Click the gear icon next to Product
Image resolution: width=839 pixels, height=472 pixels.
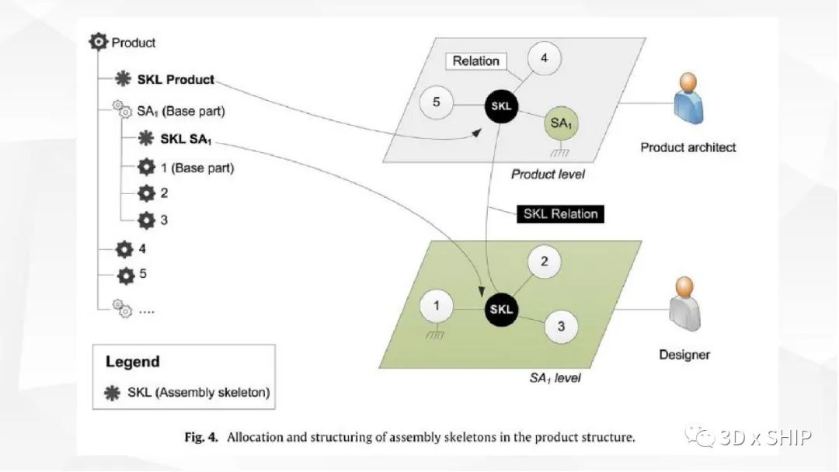click(x=99, y=43)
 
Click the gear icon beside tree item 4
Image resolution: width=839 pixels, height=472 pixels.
click(x=124, y=249)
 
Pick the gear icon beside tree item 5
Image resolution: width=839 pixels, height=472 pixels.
click(x=126, y=275)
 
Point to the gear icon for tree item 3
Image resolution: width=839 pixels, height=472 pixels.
click(x=146, y=220)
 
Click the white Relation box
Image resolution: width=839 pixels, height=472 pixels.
click(x=476, y=61)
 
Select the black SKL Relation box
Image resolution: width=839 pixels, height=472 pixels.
click(x=560, y=213)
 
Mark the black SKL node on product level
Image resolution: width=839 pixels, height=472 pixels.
click(x=501, y=106)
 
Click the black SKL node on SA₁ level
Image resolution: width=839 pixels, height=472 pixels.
click(x=501, y=309)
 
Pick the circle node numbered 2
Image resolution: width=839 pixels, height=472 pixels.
click(x=545, y=262)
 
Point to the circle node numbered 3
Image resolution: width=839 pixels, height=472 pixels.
click(x=562, y=327)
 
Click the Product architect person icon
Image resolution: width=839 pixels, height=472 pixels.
click(x=686, y=99)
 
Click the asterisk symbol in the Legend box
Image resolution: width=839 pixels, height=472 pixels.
click(x=113, y=393)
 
